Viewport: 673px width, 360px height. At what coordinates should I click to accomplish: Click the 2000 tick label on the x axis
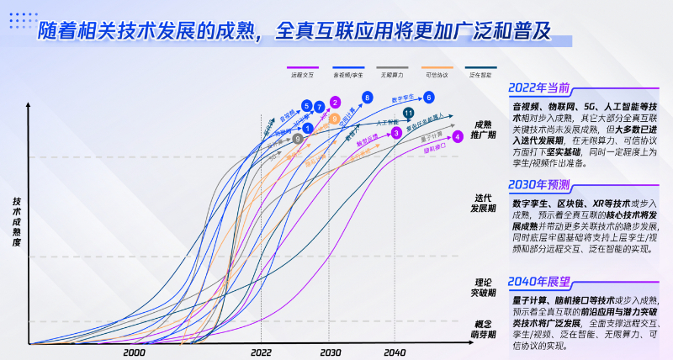click(x=134, y=353)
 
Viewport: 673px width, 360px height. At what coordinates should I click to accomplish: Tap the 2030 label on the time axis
click(x=330, y=353)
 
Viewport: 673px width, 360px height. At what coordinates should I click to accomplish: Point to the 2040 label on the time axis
click(x=394, y=353)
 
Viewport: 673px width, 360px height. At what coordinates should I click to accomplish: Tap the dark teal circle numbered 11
click(x=408, y=113)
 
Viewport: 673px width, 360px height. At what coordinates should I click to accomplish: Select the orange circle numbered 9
click(x=335, y=119)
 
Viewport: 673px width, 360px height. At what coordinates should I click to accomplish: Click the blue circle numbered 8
click(x=367, y=98)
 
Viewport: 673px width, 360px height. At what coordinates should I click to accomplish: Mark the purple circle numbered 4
click(x=458, y=136)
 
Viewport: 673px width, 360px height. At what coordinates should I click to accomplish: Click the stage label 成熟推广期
click(x=485, y=130)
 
